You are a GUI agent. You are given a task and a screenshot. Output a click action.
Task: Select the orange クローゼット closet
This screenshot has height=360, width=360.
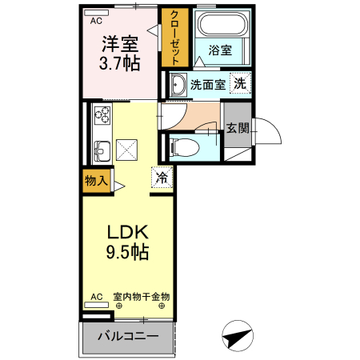172,38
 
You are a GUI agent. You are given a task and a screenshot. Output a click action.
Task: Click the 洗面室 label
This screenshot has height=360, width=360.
207,83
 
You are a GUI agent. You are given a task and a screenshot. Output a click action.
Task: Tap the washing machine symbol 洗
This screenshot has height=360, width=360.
239,83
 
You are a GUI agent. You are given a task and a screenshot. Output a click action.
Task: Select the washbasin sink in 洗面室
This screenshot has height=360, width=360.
178,86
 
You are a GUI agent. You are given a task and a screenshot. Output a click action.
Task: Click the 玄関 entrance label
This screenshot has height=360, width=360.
237,127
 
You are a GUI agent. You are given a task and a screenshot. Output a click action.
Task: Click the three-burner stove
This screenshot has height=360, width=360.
102,116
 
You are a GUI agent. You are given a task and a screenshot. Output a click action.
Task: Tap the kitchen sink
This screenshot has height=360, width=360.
102,149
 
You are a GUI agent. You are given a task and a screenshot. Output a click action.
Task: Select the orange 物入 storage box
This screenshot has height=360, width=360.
96,181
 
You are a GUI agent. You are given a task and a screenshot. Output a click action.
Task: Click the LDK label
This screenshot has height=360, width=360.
127,233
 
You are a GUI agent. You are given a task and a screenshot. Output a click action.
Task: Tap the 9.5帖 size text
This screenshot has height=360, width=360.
127,252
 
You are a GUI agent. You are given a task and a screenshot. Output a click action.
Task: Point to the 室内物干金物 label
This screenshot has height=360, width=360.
141,297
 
